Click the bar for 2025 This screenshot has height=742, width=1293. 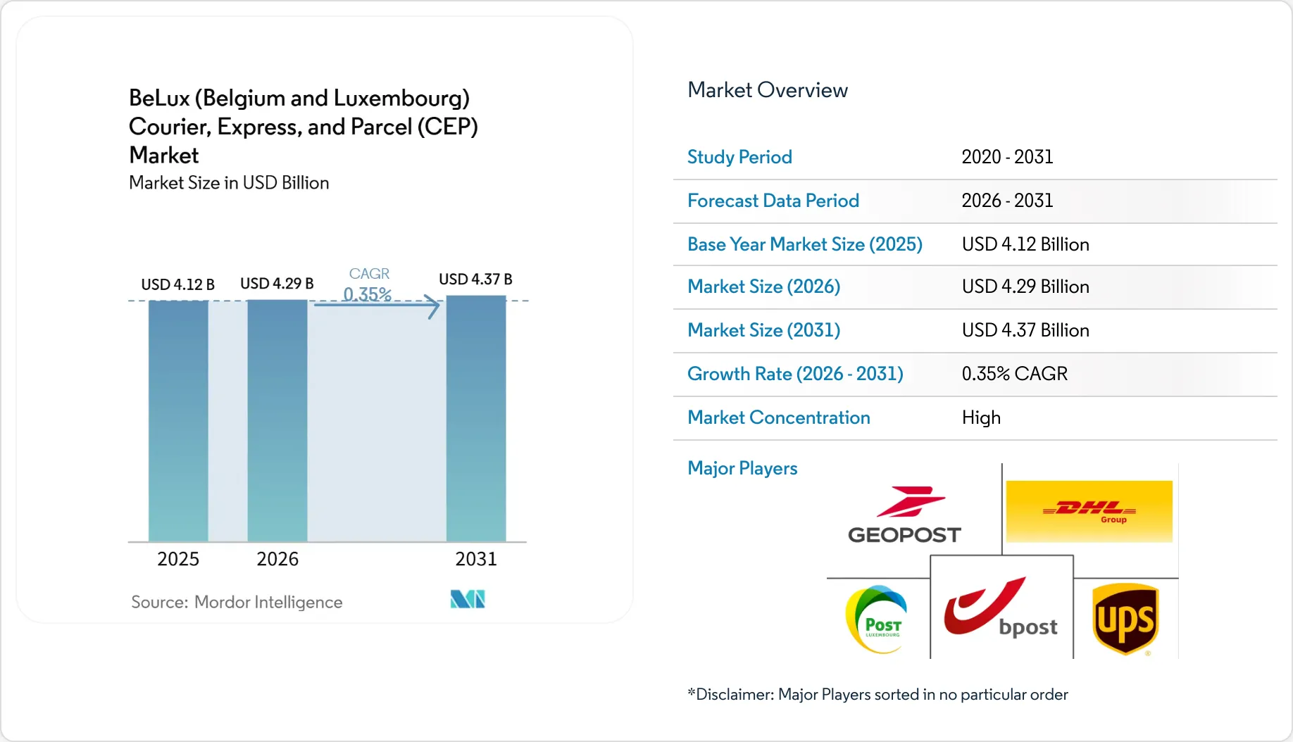click(x=178, y=421)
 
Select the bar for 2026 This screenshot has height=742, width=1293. click(x=277, y=421)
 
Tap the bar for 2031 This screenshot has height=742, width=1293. click(x=476, y=419)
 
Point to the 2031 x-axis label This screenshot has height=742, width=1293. click(x=476, y=559)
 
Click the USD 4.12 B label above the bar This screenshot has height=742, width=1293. click(x=178, y=284)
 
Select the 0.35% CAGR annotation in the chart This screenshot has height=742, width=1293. click(x=368, y=284)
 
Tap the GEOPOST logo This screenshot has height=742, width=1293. click(x=905, y=515)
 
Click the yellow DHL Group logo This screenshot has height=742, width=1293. click(x=1089, y=511)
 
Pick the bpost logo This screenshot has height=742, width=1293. click(x=1001, y=608)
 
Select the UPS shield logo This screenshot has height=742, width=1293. click(x=1125, y=619)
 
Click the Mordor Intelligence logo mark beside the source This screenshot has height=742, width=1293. click(x=468, y=599)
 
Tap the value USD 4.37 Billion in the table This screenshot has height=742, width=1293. click(x=1025, y=330)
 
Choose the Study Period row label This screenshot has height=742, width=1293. click(x=739, y=157)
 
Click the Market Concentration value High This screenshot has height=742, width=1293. click(x=981, y=417)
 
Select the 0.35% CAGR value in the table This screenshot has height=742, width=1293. click(x=1015, y=374)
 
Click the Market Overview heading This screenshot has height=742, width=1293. click(x=768, y=90)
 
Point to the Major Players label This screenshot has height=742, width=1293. click(x=742, y=468)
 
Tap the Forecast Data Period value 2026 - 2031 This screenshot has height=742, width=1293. click(x=1007, y=201)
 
